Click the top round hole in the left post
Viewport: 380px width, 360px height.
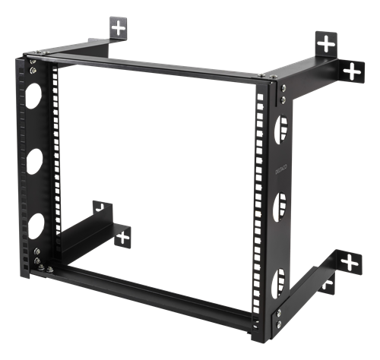click(34, 96)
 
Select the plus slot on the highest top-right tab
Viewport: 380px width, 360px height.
click(326, 43)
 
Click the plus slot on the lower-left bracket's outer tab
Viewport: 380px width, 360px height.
click(122, 238)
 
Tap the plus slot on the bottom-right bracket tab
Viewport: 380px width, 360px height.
click(350, 263)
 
